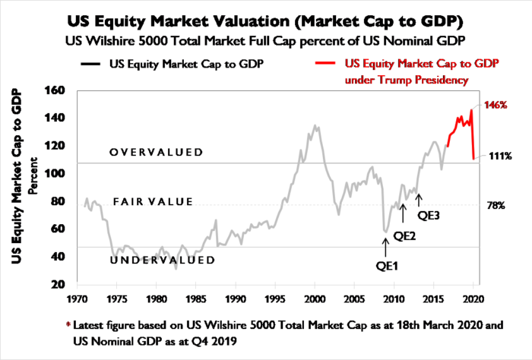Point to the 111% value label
(x=500, y=156)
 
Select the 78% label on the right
(x=495, y=206)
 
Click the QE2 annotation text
(x=404, y=236)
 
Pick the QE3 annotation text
(x=429, y=214)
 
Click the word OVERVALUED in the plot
(x=156, y=152)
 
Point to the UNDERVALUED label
(x=162, y=261)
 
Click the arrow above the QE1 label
(x=386, y=245)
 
